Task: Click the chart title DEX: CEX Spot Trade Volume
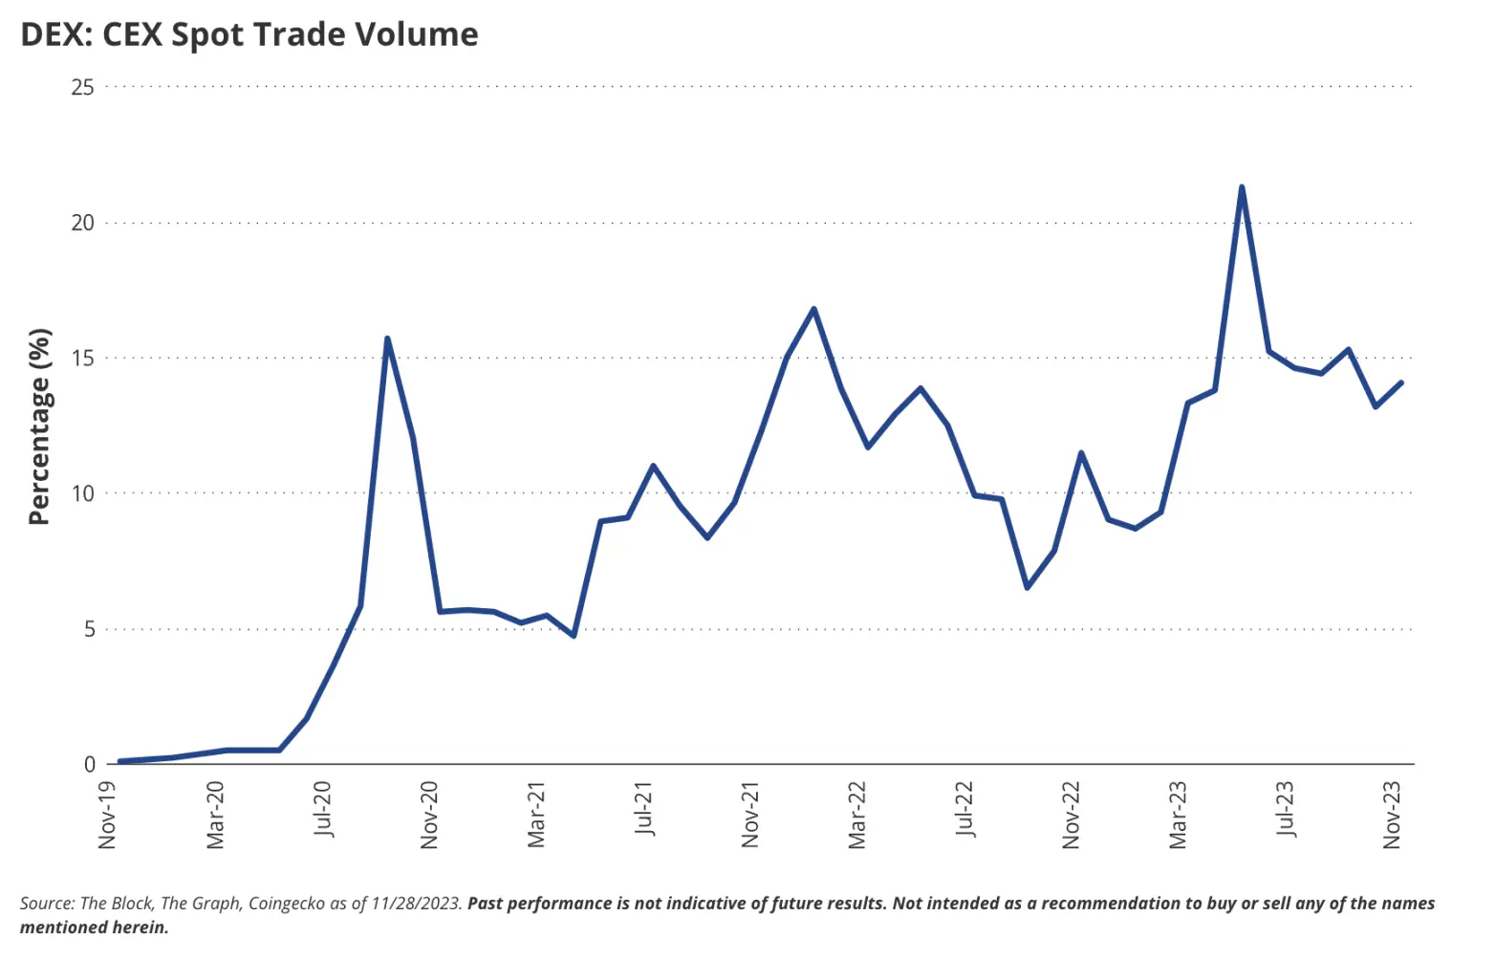tap(249, 34)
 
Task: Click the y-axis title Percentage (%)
tap(39, 426)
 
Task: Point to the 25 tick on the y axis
tap(83, 87)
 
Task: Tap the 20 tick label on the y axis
tap(83, 223)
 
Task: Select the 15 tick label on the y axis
tap(83, 359)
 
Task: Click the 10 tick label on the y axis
tap(83, 493)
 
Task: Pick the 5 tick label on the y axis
tap(89, 629)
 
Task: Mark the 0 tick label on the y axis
tap(90, 764)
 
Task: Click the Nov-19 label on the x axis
tap(107, 815)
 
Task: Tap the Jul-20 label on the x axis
tap(322, 809)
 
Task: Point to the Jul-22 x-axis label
tap(964, 809)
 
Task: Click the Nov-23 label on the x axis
tap(1393, 815)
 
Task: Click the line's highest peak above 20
tap(1241, 187)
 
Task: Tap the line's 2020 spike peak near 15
tap(386, 338)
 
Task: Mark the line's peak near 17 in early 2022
tap(813, 308)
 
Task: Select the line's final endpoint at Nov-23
tap(1401, 382)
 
